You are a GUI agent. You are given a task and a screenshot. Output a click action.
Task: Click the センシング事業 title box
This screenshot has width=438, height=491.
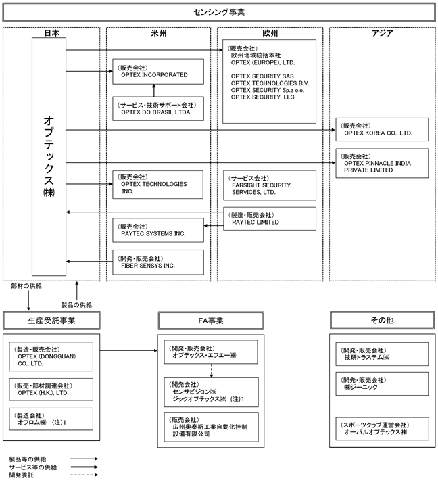[218, 12]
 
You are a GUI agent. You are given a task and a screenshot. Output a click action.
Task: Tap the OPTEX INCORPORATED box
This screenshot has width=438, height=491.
[158, 72]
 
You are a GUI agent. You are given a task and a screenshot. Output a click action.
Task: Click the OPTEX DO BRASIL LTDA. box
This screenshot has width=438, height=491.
[158, 108]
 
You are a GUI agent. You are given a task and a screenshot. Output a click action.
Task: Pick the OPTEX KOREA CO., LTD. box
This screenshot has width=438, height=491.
[383, 130]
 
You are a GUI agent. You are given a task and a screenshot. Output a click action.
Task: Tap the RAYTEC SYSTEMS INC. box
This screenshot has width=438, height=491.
[158, 231]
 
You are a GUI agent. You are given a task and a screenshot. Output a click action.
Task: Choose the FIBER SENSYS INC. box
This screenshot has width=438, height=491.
[158, 262]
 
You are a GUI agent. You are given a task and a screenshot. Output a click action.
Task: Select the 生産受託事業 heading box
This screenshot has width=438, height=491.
[53, 319]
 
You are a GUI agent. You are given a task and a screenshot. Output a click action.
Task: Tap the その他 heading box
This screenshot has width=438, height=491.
[382, 319]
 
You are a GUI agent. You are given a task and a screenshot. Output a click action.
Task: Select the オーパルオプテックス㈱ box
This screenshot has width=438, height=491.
[383, 427]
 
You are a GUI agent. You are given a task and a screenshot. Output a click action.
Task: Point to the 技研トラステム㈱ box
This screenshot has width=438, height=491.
[383, 354]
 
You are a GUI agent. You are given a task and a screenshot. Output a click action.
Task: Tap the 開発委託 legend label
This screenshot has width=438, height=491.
[21, 475]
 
